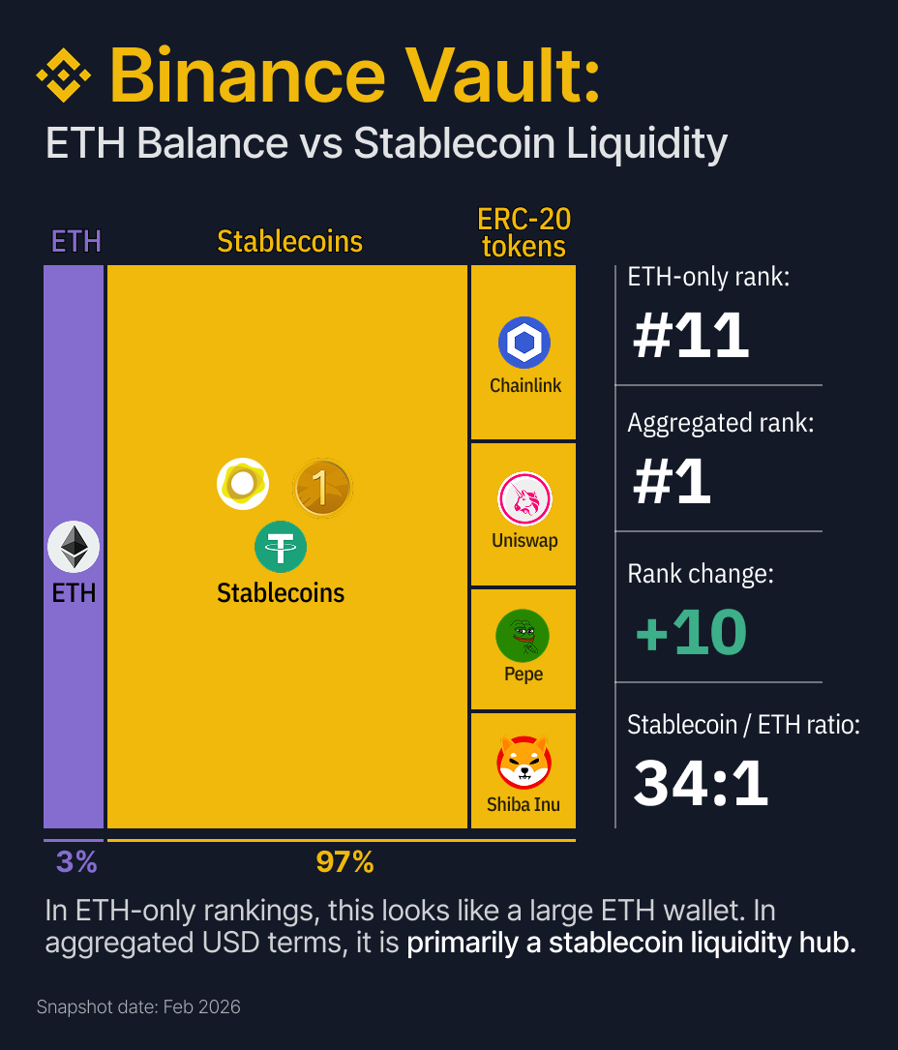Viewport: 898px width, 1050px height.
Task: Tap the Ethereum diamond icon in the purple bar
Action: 74,548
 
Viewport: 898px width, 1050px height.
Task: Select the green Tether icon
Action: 281,547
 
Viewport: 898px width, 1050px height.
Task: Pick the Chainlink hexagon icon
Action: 524,343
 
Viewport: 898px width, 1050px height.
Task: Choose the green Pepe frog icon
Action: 523,636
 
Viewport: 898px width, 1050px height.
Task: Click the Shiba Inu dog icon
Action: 524,762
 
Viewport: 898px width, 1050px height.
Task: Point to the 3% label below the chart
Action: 75,861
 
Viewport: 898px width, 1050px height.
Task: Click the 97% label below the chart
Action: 344,861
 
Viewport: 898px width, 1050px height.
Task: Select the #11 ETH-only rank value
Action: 691,335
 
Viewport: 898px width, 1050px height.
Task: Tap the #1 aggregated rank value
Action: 672,481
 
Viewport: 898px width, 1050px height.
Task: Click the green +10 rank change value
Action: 691,633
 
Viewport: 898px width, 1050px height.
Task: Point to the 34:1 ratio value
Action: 701,783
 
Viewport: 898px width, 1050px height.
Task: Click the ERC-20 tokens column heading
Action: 524,232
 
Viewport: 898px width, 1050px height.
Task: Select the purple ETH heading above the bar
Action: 75,241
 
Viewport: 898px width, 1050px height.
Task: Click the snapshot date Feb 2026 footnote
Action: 138,1007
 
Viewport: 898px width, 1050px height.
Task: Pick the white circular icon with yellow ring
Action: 243,483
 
